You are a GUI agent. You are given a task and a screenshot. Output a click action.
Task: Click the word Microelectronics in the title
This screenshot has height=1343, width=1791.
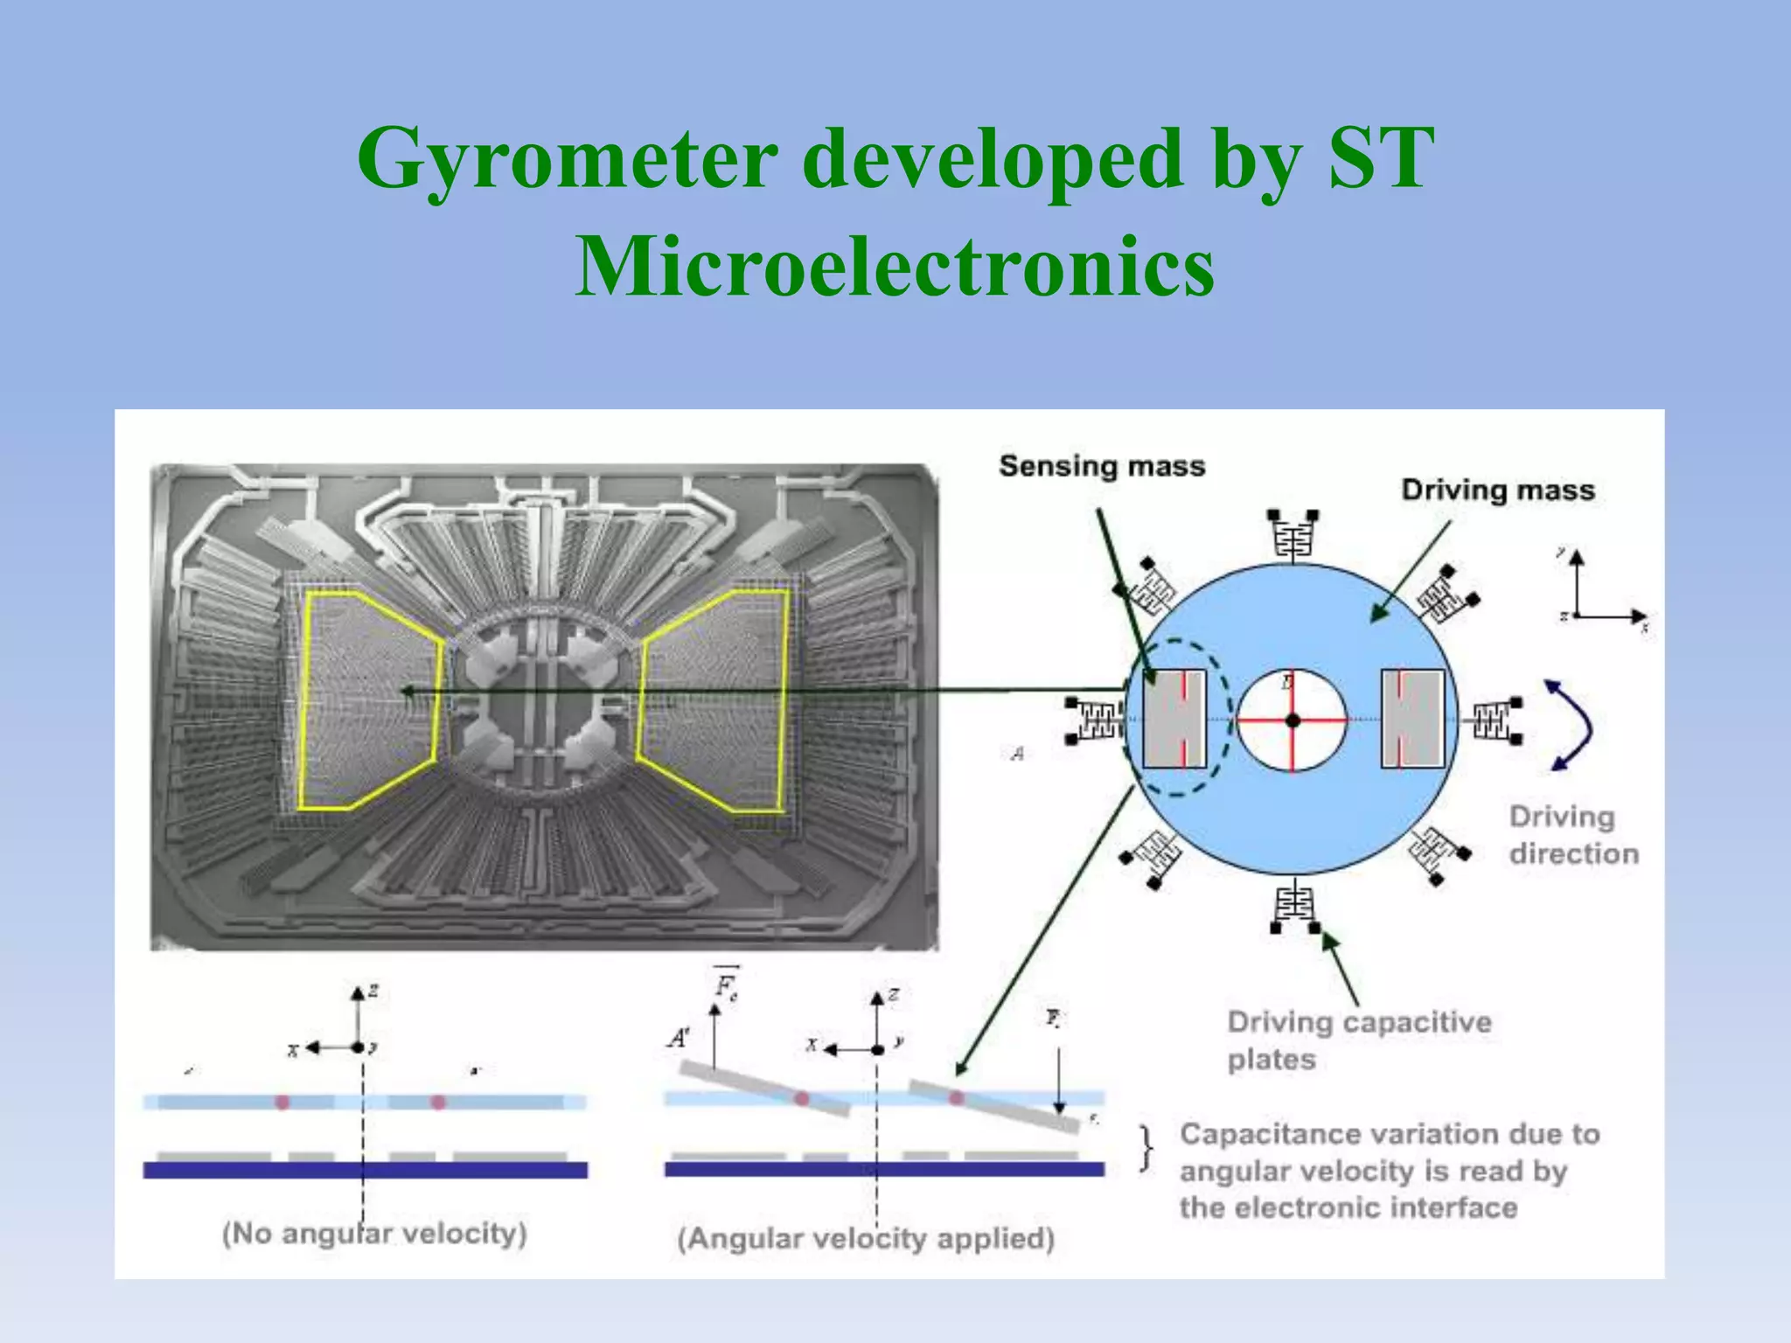coord(894,266)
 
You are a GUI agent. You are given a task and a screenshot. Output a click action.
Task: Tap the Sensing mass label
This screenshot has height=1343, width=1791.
coord(1102,466)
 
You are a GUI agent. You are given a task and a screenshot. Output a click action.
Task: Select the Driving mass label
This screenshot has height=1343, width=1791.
coord(1497,490)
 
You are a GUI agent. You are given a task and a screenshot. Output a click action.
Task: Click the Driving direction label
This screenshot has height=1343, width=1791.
coord(1572,835)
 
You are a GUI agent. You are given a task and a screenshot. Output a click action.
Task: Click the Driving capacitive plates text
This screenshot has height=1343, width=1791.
coord(1357,1040)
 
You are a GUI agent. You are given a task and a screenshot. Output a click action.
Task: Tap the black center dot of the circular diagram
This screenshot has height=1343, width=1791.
coord(1293,720)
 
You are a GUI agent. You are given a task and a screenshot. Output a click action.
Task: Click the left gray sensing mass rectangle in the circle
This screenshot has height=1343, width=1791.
coord(1174,719)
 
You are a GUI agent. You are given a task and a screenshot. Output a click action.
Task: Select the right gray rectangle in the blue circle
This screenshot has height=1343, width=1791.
coord(1411,719)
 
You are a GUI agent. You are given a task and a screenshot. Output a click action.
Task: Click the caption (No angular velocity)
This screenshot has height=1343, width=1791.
coord(374,1234)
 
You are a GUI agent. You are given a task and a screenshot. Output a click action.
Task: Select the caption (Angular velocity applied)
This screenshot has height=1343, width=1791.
coord(866,1238)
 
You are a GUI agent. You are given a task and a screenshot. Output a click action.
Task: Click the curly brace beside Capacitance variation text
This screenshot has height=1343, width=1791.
coord(1146,1148)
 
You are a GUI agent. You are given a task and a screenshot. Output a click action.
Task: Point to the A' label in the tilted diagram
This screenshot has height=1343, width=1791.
coord(679,1038)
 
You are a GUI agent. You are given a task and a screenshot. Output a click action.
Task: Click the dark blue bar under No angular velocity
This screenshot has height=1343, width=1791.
coord(365,1170)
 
